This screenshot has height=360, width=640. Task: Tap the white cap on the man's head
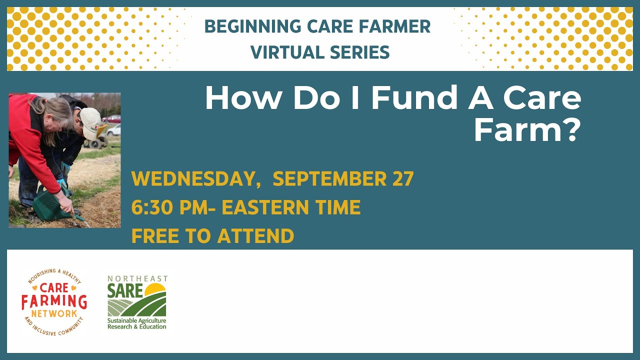click(x=90, y=122)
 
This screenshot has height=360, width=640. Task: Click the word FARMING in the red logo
click(x=54, y=301)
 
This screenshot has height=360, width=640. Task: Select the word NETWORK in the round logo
click(x=54, y=313)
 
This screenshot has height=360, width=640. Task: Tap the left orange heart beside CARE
click(x=34, y=288)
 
